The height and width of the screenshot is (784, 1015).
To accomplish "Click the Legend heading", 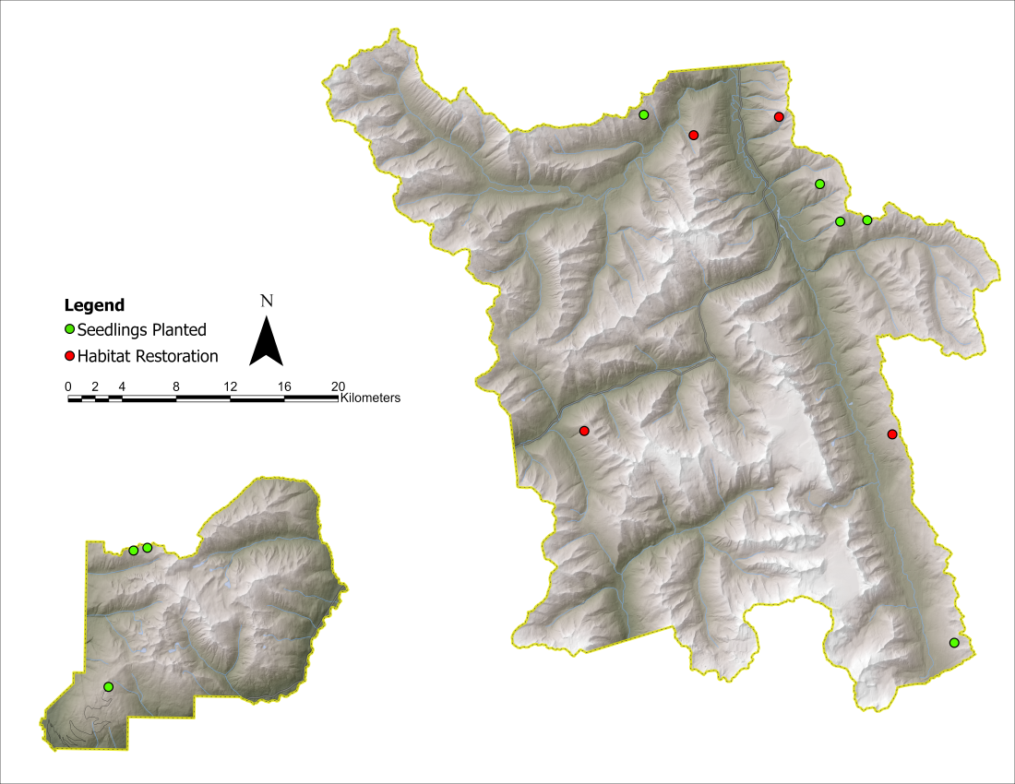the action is tap(94, 305).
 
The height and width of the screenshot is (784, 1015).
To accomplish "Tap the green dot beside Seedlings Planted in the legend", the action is tap(69, 329).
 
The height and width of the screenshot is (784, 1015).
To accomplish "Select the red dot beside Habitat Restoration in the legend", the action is tap(69, 356).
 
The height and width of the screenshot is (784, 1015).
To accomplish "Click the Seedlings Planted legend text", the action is tap(142, 329).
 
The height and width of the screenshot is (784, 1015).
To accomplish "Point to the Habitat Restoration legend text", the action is tap(148, 356).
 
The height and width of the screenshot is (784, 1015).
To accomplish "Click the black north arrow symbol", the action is tap(266, 341).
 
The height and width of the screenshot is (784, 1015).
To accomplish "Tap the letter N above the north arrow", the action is tap(267, 300).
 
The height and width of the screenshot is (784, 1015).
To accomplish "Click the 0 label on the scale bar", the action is tap(68, 386).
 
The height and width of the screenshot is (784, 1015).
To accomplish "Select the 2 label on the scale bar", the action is tap(95, 386).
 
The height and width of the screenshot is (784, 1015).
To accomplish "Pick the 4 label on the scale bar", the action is tap(122, 386).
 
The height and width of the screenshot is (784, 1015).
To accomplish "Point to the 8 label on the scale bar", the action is tap(175, 386).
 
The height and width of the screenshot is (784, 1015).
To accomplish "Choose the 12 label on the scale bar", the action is tap(230, 386).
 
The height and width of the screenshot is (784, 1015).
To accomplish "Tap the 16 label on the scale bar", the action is tap(284, 386).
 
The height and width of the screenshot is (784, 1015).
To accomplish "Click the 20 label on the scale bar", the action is tap(338, 386).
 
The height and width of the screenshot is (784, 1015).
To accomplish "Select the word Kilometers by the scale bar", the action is tap(370, 398).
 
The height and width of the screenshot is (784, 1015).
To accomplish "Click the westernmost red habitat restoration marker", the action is tap(584, 431).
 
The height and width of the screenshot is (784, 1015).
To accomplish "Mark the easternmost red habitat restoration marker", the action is tap(892, 434).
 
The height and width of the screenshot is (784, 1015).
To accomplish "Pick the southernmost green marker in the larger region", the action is tap(954, 643).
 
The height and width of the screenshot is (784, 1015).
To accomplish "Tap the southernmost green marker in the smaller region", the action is tap(108, 686).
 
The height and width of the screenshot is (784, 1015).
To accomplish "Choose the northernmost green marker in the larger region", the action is tap(644, 114).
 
